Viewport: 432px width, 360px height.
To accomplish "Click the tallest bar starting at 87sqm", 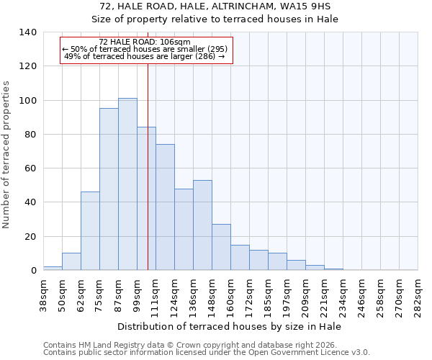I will [127, 184].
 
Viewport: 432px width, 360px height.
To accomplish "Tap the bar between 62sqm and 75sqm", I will [90, 231].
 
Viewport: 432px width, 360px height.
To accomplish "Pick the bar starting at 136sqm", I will [202, 225].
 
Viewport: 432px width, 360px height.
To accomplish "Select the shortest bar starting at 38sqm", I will [53, 268].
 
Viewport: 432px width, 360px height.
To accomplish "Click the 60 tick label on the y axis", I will [30, 168].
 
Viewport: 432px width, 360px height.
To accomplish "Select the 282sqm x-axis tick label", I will [418, 294].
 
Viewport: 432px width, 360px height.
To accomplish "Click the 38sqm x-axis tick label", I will [43, 294].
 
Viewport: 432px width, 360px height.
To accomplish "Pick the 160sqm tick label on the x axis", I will [230, 294].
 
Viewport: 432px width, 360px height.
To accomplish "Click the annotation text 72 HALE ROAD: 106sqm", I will [145, 42].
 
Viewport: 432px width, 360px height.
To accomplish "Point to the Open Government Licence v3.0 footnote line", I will [207, 353].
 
